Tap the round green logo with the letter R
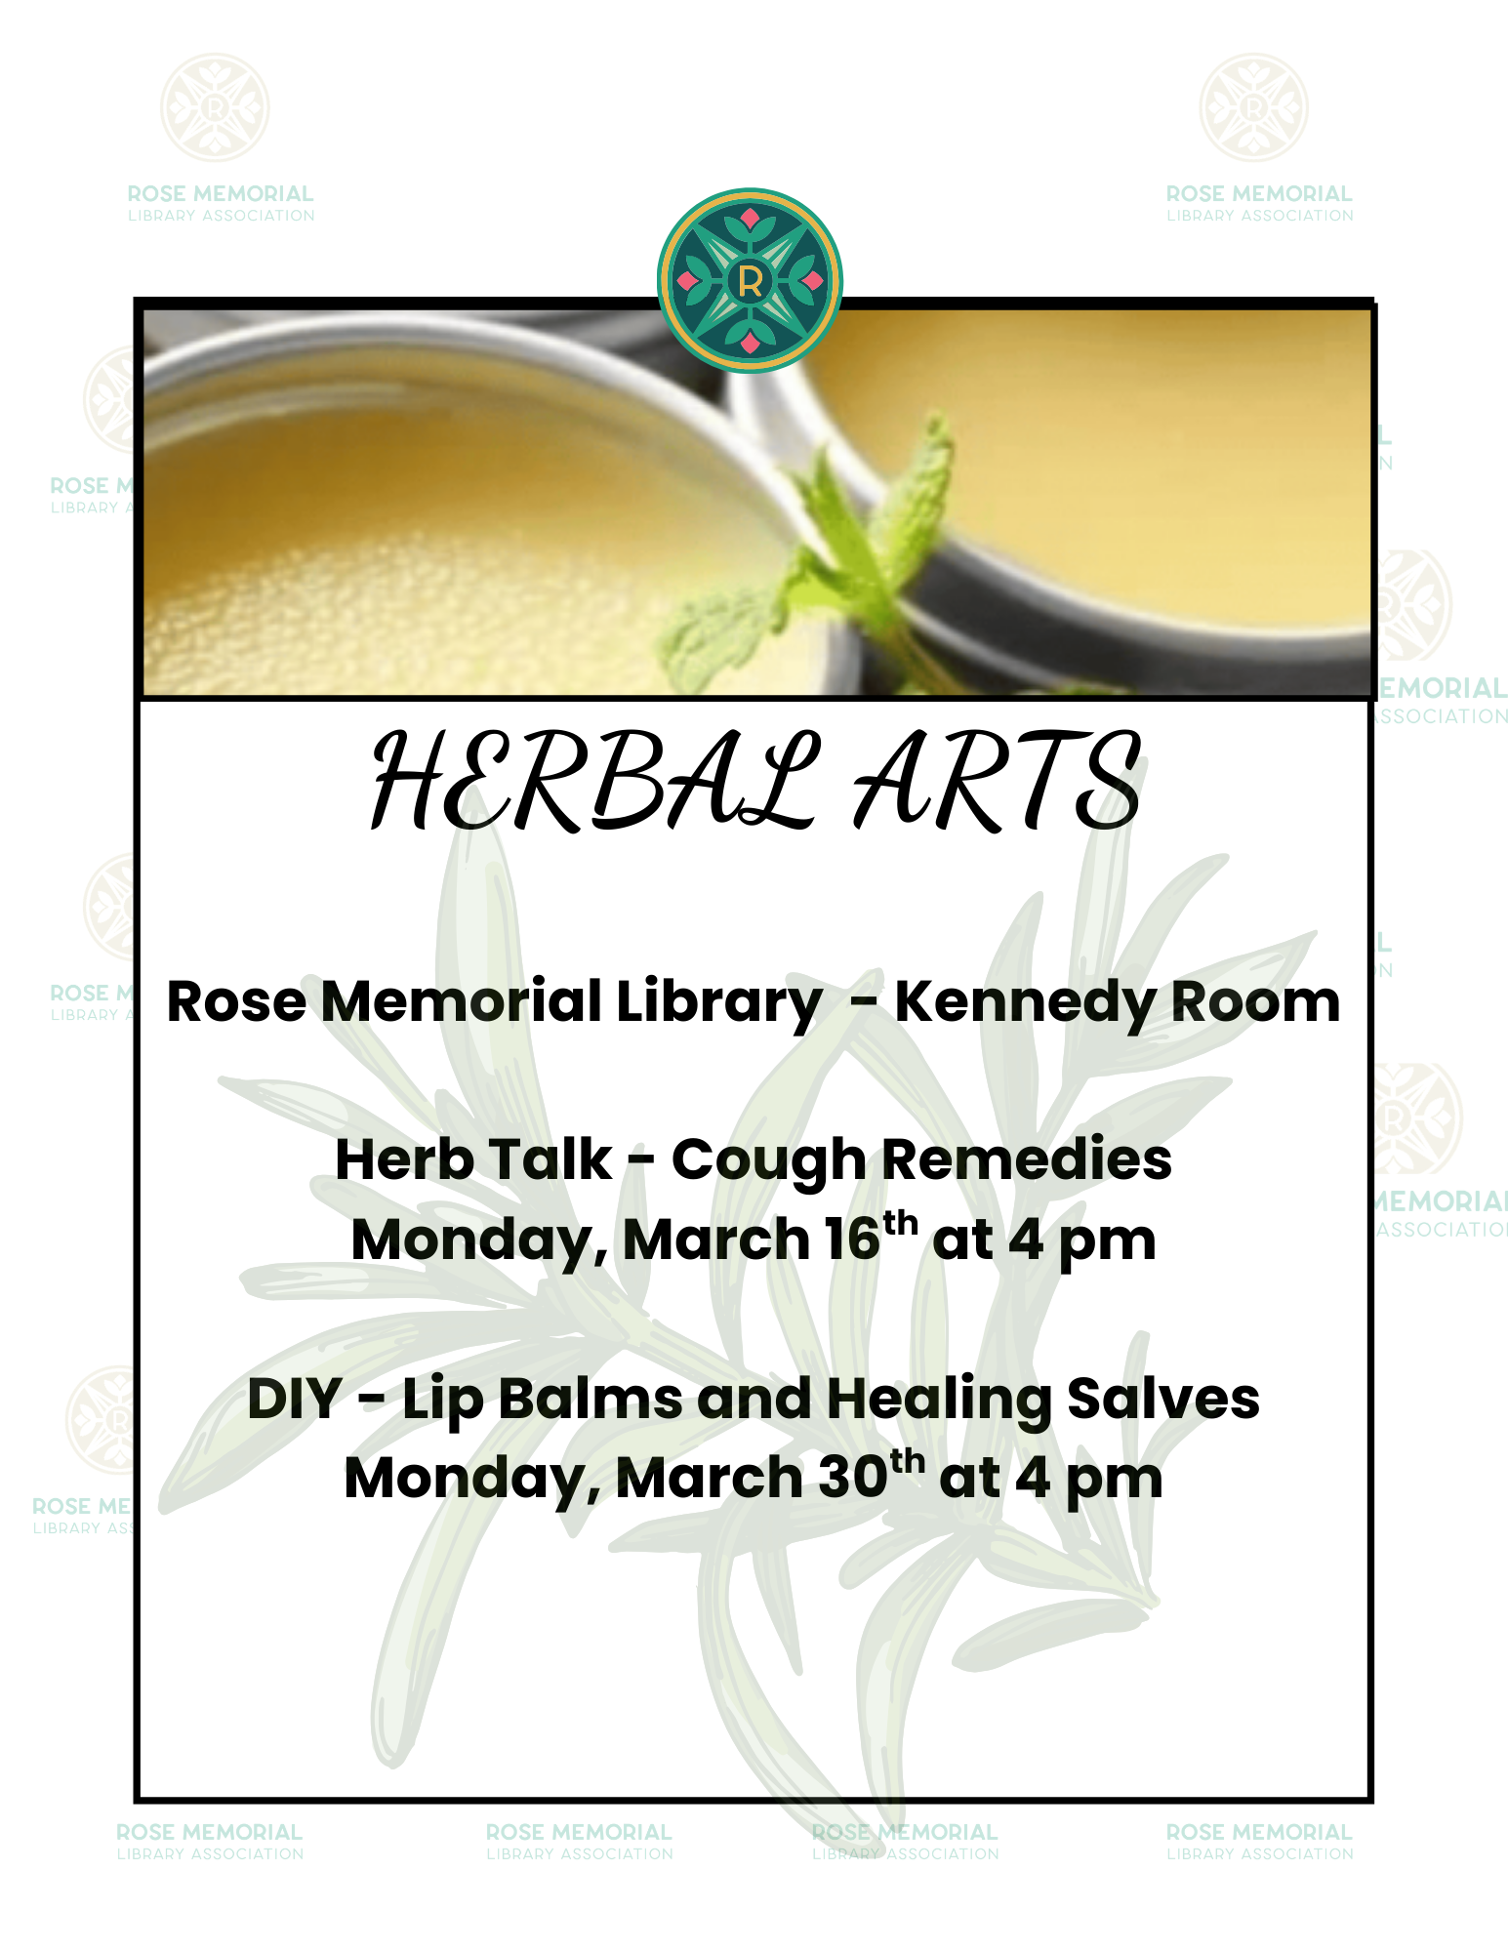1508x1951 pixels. click(750, 280)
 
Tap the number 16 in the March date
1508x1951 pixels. click(852, 1240)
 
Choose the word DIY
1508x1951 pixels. click(295, 1399)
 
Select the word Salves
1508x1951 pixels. click(1162, 1399)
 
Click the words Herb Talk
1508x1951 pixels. click(474, 1159)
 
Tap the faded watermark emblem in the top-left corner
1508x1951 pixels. click(215, 107)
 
